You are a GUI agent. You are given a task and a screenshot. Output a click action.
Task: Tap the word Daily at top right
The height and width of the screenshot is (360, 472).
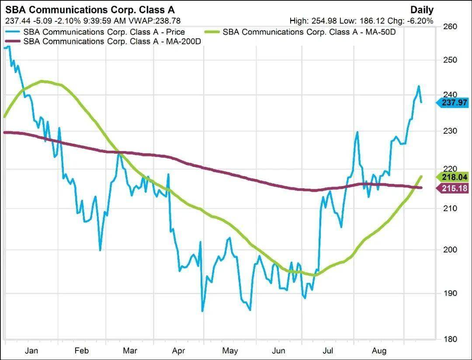(x=422, y=10)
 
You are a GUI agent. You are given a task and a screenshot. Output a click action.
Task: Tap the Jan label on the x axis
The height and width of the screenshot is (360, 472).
(x=31, y=350)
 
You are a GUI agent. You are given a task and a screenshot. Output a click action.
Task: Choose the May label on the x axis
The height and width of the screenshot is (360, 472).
(x=230, y=350)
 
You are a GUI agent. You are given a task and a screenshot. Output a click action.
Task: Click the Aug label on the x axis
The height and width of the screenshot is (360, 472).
(x=378, y=350)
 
